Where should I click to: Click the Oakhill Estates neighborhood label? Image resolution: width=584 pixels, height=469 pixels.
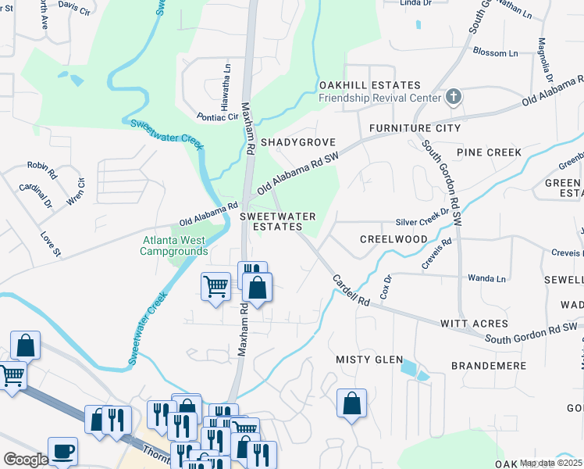pos(369,85)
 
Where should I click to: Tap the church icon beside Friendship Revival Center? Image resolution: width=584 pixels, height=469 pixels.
pos(453,98)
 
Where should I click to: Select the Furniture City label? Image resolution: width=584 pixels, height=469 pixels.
pos(415,127)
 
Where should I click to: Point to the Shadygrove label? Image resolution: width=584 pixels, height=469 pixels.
pos(297,142)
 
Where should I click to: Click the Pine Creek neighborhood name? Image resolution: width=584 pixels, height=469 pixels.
pos(489,152)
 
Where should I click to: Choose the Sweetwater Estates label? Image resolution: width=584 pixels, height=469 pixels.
pos(277,221)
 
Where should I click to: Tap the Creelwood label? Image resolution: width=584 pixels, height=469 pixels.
pos(393,239)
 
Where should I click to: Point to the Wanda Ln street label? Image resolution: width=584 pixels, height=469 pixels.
pos(486,278)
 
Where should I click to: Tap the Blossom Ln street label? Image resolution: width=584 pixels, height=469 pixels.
pos(496,53)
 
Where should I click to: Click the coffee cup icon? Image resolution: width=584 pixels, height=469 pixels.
pos(62,451)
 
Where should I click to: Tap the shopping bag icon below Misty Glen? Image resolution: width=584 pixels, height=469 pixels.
pos(352,404)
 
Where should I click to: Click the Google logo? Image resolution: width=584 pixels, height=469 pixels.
pos(26,460)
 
